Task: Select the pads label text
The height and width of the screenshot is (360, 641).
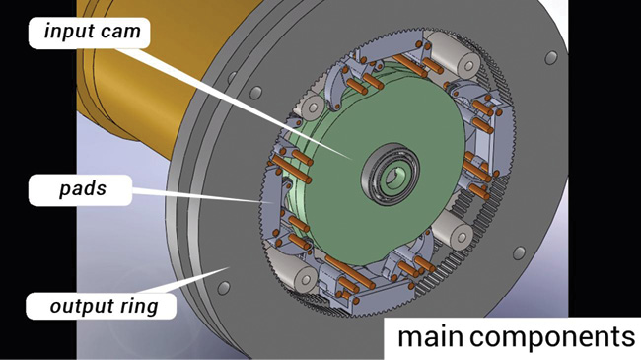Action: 83,189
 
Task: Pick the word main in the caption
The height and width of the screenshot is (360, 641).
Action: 431,337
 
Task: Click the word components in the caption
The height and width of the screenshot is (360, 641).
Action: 552,338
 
